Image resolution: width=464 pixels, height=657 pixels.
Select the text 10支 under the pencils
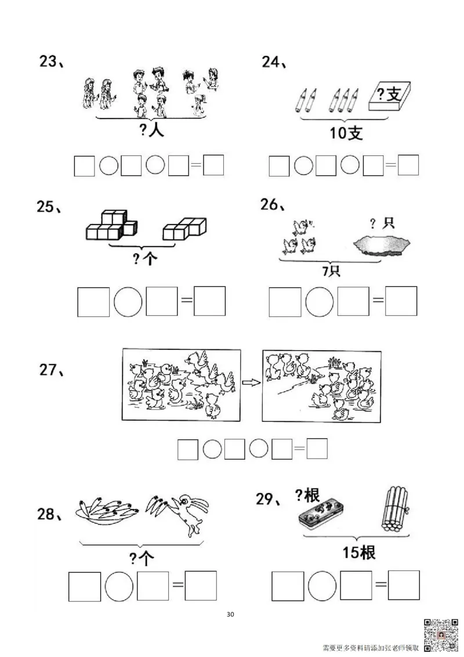pos(346,133)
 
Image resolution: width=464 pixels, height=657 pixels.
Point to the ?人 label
pos(152,131)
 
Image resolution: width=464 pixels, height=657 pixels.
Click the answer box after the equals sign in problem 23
pos(213,166)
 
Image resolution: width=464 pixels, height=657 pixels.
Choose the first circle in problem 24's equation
pos(303,167)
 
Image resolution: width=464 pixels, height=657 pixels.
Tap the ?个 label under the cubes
pos(144,259)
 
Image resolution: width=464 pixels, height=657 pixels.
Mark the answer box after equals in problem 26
pos(401,301)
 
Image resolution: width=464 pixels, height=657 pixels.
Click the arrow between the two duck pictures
pos(251,382)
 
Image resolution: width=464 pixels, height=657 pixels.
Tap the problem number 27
pos(51,370)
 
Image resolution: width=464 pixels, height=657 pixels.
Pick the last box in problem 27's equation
pos(317,449)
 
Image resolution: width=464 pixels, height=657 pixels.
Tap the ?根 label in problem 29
pos(307,495)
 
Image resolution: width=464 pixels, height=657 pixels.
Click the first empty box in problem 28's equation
pos(85,586)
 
